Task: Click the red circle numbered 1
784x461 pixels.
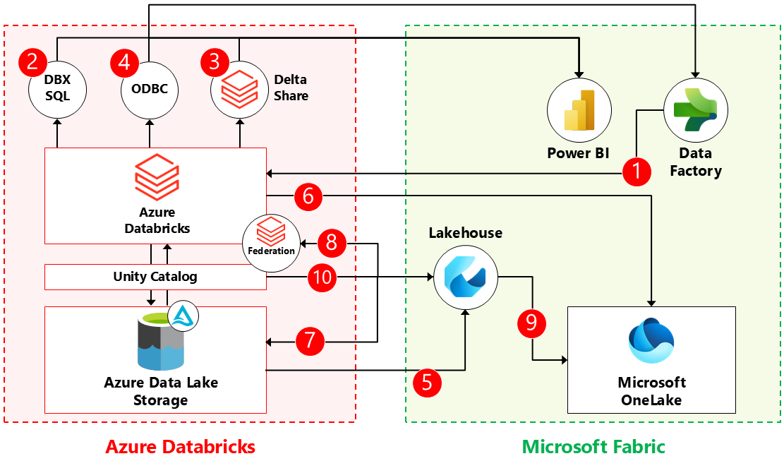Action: (x=637, y=172)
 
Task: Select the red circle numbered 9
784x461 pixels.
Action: (x=531, y=323)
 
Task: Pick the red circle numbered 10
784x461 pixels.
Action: (x=322, y=278)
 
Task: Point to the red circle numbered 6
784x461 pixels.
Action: (x=308, y=196)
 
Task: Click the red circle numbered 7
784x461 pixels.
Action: (x=310, y=341)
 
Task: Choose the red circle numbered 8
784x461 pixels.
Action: (x=331, y=243)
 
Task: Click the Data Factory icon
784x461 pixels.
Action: (x=695, y=109)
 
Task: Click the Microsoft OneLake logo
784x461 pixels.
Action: (x=651, y=342)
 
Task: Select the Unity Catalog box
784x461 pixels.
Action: (x=155, y=277)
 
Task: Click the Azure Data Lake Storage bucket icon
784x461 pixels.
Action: (x=161, y=343)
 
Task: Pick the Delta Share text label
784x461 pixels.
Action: (x=291, y=88)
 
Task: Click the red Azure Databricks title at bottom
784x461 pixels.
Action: (x=180, y=446)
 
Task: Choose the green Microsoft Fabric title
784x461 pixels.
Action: (x=593, y=446)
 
